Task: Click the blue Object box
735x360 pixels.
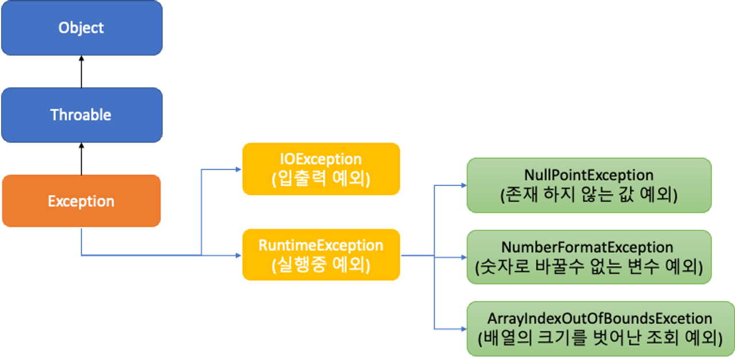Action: click(81, 28)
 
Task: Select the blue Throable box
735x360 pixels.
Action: click(81, 115)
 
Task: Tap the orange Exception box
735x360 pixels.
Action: click(81, 202)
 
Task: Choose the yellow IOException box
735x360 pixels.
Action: click(320, 169)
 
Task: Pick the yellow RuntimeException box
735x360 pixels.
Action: click(320, 254)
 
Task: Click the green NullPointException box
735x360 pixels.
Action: click(589, 185)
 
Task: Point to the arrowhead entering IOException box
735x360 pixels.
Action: click(236, 169)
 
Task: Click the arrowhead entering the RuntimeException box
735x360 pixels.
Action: click(236, 254)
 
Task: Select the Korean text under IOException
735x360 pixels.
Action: click(320, 179)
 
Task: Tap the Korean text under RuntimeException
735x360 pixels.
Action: click(320, 265)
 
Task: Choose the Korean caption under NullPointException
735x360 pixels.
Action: click(589, 195)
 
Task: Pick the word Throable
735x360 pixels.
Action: click(81, 115)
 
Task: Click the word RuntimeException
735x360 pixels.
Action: click(320, 245)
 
